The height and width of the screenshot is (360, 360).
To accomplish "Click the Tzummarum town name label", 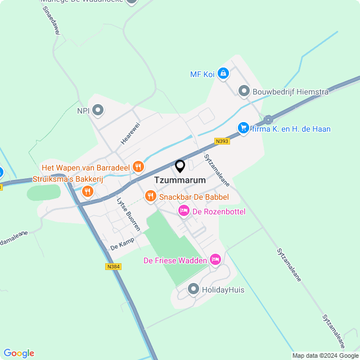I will pos(179,181).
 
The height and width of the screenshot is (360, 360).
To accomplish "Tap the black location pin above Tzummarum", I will pos(180,166).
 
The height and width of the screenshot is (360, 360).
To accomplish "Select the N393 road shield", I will pos(222,142).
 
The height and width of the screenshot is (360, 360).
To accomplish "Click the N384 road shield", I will pos(113,267).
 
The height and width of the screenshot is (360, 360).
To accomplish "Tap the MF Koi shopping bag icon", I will pos(223,73).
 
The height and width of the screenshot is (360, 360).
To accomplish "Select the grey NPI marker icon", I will pos(98,110).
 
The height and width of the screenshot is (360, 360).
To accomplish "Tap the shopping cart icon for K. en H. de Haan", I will pos(243,128).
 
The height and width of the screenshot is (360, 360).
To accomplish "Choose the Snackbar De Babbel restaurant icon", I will pos(150,196).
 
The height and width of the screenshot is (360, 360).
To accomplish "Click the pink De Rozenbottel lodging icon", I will pos(183,211).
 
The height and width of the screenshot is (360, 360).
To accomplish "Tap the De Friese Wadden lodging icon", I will pos(215,259).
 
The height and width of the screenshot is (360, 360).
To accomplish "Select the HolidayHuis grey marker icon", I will pos(193,290).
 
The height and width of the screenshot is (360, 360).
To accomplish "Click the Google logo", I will pos(19,353).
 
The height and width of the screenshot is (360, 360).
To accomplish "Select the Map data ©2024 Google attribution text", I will pos(325,355).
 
